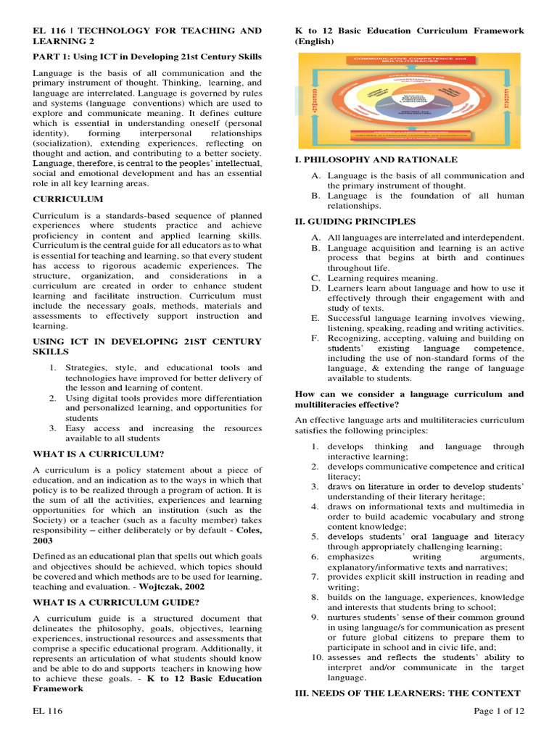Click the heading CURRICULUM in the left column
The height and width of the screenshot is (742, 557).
click(x=68, y=199)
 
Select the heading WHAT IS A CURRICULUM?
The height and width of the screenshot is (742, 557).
click(x=99, y=454)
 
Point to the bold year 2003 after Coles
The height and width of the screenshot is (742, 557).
click(x=44, y=541)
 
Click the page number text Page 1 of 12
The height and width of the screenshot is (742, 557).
click(x=498, y=711)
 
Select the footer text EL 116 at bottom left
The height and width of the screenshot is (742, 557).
click(x=48, y=711)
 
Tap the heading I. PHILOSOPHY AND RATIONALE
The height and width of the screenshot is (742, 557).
click(x=376, y=159)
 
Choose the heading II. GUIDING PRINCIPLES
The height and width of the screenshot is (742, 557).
click(x=355, y=221)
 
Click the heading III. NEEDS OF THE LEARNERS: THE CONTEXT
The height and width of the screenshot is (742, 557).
click(x=408, y=693)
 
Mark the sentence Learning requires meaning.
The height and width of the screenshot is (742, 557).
click(x=382, y=278)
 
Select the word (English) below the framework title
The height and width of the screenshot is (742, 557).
click(x=314, y=42)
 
